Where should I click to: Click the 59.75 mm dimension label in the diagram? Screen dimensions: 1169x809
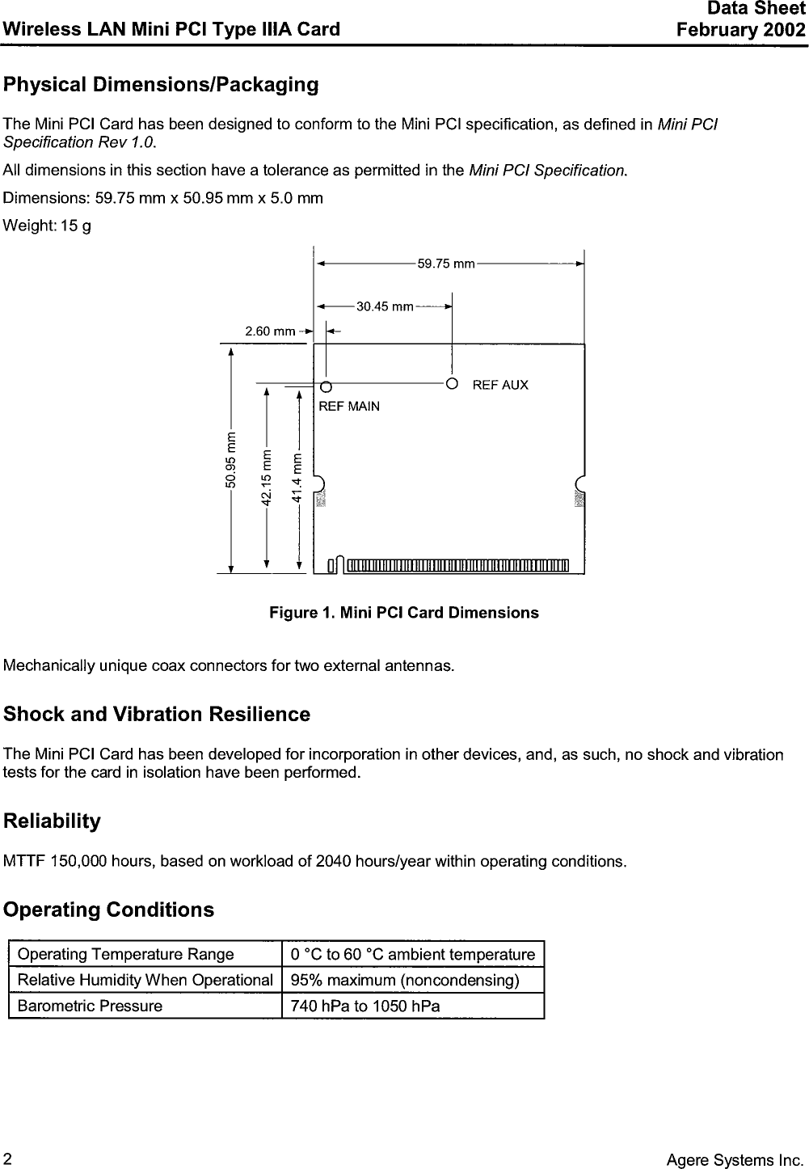click(445, 264)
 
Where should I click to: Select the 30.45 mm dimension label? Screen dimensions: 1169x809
click(385, 306)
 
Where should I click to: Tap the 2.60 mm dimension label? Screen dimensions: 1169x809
click(270, 331)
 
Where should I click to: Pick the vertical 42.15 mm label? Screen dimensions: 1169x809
click(267, 477)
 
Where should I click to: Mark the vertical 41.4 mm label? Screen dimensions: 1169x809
click(299, 478)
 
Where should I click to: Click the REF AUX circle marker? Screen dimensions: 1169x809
click(452, 382)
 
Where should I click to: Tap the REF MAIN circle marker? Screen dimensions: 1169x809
click(326, 386)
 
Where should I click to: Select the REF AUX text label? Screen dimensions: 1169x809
click(500, 385)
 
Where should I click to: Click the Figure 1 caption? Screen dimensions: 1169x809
click(403, 613)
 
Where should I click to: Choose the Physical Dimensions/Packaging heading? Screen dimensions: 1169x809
click(161, 85)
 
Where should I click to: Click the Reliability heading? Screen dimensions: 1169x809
click(53, 821)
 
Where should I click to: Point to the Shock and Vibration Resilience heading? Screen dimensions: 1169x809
click(157, 715)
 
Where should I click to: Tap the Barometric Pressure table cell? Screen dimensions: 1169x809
click(90, 1006)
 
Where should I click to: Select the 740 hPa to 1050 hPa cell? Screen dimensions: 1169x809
click(365, 1007)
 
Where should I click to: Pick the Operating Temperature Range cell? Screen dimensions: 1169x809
click(125, 955)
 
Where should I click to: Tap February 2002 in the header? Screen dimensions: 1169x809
click(741, 31)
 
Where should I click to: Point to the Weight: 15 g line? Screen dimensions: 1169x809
click(48, 226)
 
